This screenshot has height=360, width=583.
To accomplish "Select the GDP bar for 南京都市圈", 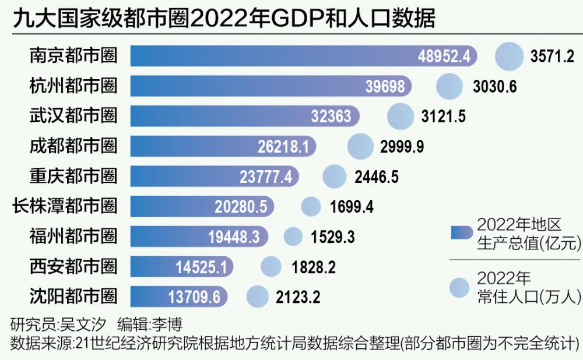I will point(303,56).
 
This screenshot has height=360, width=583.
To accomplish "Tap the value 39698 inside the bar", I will point(385,86).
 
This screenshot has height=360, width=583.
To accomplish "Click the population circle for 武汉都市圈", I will point(401,116).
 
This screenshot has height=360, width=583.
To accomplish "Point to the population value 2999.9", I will point(402,147).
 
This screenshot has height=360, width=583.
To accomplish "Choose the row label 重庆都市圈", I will point(73,176).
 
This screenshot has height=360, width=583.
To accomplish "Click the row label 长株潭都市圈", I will point(65,206).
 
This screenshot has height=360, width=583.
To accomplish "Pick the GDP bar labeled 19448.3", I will point(198,237).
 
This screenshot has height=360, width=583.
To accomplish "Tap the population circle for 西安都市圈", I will point(271,267).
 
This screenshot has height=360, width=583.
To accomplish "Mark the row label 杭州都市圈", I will point(73,86).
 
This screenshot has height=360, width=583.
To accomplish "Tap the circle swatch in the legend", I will point(460,287).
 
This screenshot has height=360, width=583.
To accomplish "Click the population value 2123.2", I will point(298,298).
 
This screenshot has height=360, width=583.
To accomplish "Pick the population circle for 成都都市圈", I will point(360,146).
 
